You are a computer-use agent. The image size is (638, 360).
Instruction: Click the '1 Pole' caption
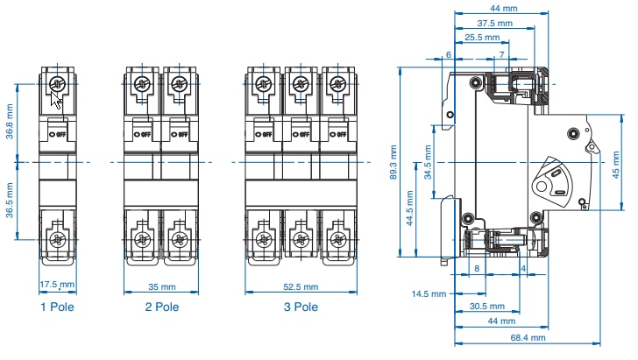(x=57, y=307)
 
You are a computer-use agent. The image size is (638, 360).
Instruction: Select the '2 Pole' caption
(x=162, y=307)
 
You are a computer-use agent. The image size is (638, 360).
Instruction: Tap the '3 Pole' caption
(x=301, y=307)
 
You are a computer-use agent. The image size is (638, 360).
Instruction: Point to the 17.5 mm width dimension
(x=58, y=285)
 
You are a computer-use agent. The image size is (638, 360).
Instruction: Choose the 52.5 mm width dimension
(x=301, y=286)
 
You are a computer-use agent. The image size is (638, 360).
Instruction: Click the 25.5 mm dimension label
(x=485, y=38)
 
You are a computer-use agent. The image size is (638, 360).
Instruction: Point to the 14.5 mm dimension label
(x=430, y=293)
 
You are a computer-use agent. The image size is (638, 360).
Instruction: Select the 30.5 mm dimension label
(x=486, y=307)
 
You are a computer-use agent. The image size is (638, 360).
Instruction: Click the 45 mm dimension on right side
(x=615, y=163)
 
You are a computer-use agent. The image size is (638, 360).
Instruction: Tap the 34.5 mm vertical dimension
(x=427, y=163)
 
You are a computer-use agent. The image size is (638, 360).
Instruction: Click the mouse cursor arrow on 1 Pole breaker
(x=57, y=102)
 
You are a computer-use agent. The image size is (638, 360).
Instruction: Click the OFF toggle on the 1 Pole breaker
(x=58, y=134)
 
